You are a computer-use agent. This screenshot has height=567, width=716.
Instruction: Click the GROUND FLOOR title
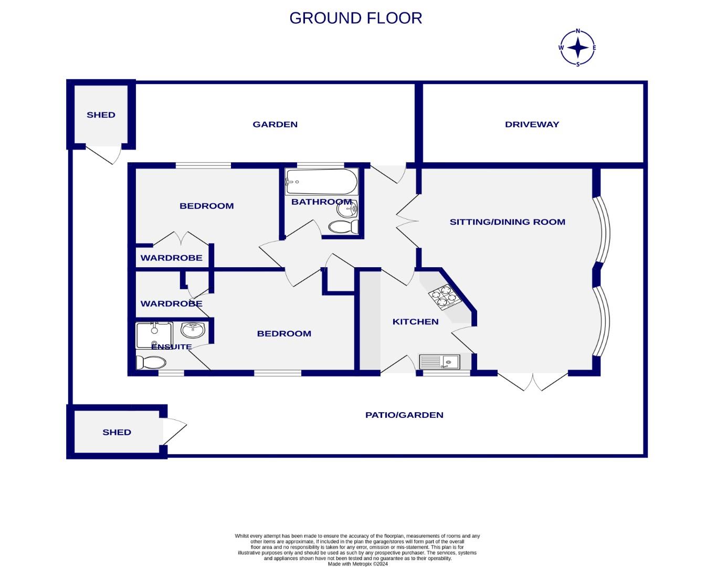click(x=355, y=18)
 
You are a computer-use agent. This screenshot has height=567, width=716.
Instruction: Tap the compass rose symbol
click(x=577, y=48)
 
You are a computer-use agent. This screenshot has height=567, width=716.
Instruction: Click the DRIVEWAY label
click(x=532, y=124)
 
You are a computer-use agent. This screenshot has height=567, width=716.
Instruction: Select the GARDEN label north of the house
click(x=275, y=124)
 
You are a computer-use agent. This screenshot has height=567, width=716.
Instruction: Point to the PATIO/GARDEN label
click(x=404, y=415)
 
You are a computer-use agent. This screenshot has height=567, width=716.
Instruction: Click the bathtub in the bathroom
click(x=321, y=182)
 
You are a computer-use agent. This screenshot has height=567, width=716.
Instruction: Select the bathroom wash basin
click(x=347, y=209)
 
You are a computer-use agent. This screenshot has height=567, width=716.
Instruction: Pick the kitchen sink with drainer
click(x=439, y=362)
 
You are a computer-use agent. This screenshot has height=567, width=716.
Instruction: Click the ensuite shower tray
click(x=154, y=335)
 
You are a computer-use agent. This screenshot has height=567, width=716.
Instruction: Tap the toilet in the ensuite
click(x=151, y=362)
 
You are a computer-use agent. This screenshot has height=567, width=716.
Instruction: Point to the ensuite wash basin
click(x=193, y=330)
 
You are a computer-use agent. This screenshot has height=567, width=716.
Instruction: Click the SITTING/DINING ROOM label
click(x=507, y=222)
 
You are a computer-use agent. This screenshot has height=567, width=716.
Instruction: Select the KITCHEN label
click(x=415, y=321)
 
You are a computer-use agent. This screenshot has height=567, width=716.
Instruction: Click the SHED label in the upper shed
click(x=101, y=114)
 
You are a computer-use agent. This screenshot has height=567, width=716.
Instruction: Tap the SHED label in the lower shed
click(x=117, y=432)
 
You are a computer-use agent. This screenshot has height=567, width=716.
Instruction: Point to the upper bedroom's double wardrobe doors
click(x=181, y=239)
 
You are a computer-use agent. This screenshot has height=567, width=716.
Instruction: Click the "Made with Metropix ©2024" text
click(x=357, y=564)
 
